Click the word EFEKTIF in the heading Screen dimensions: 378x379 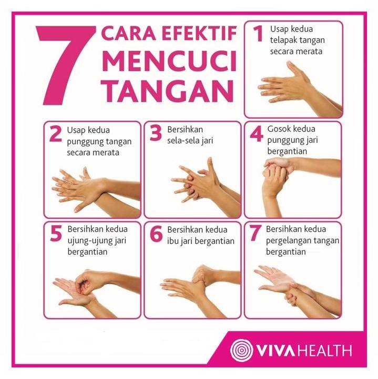click(199, 33)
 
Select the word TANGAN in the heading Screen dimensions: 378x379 click(167, 91)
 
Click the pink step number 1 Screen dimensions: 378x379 click(258, 33)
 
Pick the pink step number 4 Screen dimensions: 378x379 click(257, 134)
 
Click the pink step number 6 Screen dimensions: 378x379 click(156, 234)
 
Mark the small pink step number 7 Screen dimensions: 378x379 click(256, 233)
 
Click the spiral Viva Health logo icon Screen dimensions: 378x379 click(242, 350)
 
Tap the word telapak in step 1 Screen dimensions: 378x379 click(282, 40)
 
